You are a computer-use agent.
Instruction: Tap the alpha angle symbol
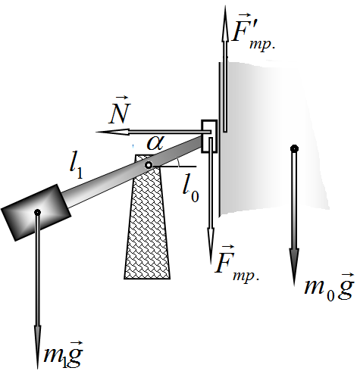pos(155,142)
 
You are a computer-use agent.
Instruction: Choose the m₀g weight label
pos(329,287)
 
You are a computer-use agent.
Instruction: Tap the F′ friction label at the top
pos(253,32)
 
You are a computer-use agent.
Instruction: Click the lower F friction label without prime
pos(237,263)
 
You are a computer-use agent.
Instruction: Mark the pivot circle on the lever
pos(149,165)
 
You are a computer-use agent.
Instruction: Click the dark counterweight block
pos(36,213)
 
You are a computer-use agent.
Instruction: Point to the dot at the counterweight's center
pos(37,212)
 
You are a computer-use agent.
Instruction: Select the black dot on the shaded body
pos(294,148)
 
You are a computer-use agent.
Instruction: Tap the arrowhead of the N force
pos(112,132)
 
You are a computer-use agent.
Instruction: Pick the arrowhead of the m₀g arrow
pos(294,267)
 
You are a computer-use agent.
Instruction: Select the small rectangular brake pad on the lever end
pos(209,136)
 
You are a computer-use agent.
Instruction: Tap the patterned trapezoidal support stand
pos(147,217)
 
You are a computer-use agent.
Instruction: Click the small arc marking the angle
pos(178,162)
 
